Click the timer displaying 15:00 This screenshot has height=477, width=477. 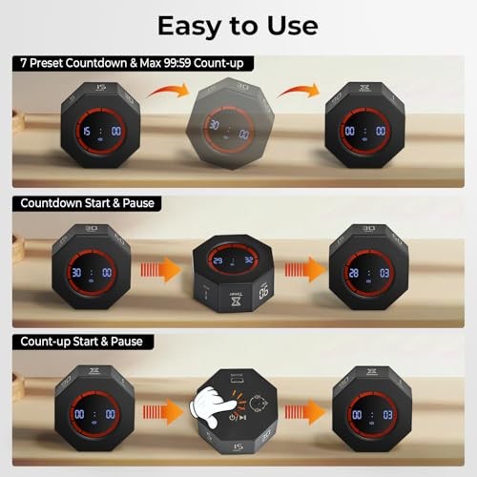(99, 131)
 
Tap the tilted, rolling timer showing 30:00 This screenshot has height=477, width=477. (232, 127)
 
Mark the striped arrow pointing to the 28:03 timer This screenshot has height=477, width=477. (301, 273)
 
